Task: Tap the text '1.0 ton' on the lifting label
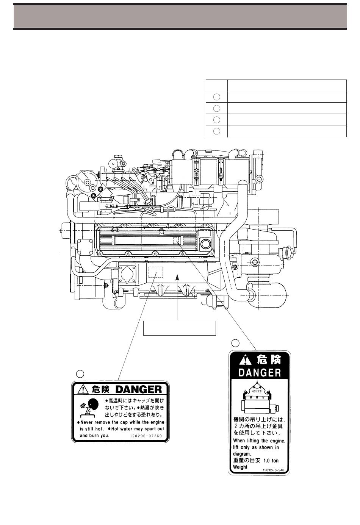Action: click(271, 461)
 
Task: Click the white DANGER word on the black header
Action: click(260, 373)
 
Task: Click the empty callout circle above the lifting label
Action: click(235, 343)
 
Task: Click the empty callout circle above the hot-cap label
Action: click(80, 374)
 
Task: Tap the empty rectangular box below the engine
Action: click(179, 328)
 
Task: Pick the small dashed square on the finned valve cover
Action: click(177, 240)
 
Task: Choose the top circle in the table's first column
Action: click(216, 97)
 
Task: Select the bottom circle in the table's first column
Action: click(216, 131)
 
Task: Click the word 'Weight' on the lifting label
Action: click(240, 467)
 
